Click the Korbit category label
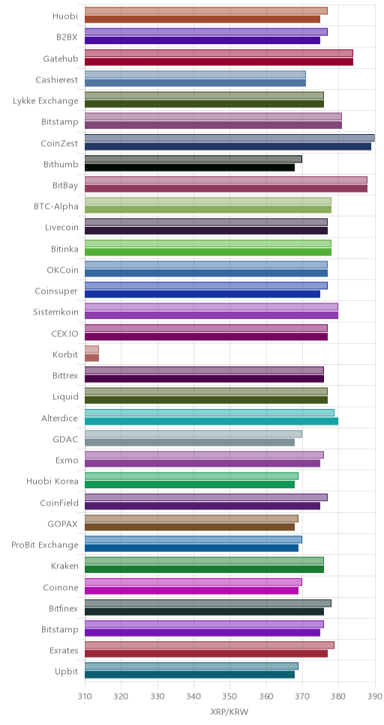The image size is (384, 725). tap(65, 355)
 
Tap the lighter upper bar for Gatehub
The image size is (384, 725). tap(219, 53)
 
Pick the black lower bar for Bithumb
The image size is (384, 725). tap(190, 167)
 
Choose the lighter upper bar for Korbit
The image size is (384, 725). tap(91, 349)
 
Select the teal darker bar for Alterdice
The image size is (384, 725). tap(211, 421)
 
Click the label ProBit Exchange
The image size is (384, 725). tap(45, 544)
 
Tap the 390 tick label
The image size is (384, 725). tap(374, 695)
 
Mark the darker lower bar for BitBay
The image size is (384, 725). tap(226, 189)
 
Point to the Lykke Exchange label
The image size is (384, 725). tap(46, 101)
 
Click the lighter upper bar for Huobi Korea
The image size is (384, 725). tap(192, 476)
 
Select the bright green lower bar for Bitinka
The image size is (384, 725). tap(208, 252)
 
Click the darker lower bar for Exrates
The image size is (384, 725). tap(206, 654)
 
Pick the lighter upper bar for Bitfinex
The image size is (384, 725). tap(208, 603)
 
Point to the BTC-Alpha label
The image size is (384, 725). tap(56, 206)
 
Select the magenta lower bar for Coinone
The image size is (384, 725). tap(192, 590)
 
